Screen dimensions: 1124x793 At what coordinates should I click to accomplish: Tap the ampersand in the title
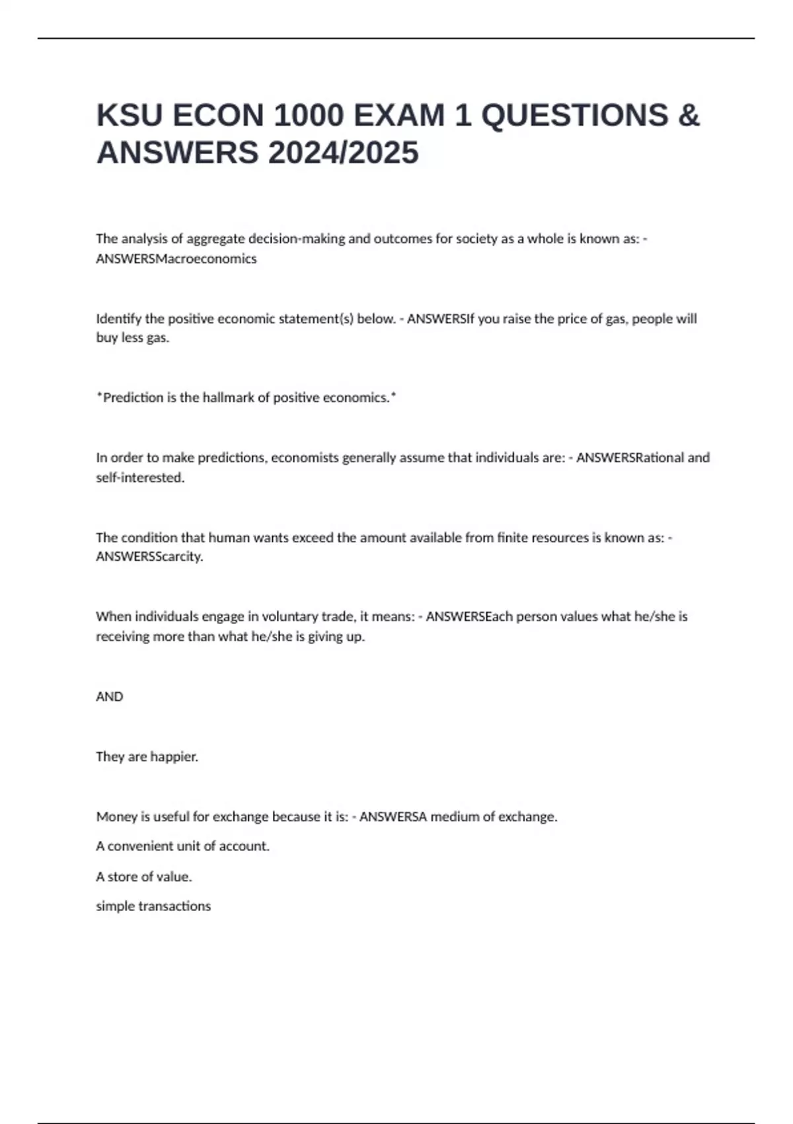(x=689, y=116)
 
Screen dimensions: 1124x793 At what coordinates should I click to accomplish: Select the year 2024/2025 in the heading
(x=343, y=153)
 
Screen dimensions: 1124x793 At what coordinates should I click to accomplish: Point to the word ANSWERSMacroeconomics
(x=176, y=259)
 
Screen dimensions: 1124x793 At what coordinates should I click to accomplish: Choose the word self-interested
(x=139, y=477)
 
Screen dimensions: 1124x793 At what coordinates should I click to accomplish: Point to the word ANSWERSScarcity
(x=149, y=557)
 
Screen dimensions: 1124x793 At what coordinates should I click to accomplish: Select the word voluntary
(x=289, y=617)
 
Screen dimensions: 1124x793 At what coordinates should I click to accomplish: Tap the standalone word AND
(x=110, y=697)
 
